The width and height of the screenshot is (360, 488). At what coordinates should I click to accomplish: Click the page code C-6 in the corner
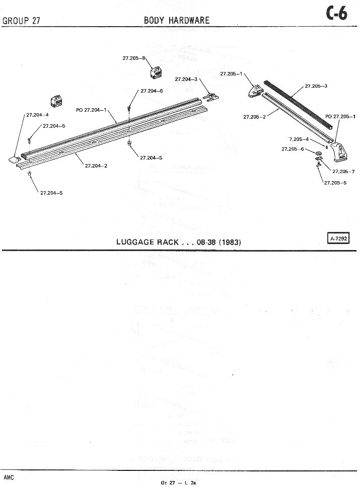pos(337,14)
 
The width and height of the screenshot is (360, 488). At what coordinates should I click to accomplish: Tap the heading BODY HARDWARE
pos(177,20)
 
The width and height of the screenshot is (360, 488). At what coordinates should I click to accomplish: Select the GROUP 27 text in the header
pos(21,21)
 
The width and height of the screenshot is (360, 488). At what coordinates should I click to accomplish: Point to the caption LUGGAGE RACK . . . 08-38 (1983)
pos(178,242)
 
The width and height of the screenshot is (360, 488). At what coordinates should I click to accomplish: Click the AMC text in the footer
pos(9,476)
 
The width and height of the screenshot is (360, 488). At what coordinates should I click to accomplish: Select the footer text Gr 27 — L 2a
pos(178,482)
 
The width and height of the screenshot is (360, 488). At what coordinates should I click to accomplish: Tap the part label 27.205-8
pos(133,58)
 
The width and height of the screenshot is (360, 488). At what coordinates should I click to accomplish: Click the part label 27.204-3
pos(186,79)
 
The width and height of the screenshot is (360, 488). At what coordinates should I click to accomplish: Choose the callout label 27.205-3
pos(316,86)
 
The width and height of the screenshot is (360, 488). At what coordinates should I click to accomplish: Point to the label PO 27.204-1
pos(91,110)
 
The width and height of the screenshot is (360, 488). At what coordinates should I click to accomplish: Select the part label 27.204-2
pos(96,166)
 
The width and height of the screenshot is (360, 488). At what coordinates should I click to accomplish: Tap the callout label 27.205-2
pos(254,117)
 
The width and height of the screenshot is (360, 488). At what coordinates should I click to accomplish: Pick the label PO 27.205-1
pos(340,116)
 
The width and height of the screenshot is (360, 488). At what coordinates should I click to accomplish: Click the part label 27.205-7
pos(343,171)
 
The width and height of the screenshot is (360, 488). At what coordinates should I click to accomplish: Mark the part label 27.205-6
pos(293,149)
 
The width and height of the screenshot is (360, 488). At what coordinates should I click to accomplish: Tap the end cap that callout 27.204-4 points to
pos(14,159)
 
